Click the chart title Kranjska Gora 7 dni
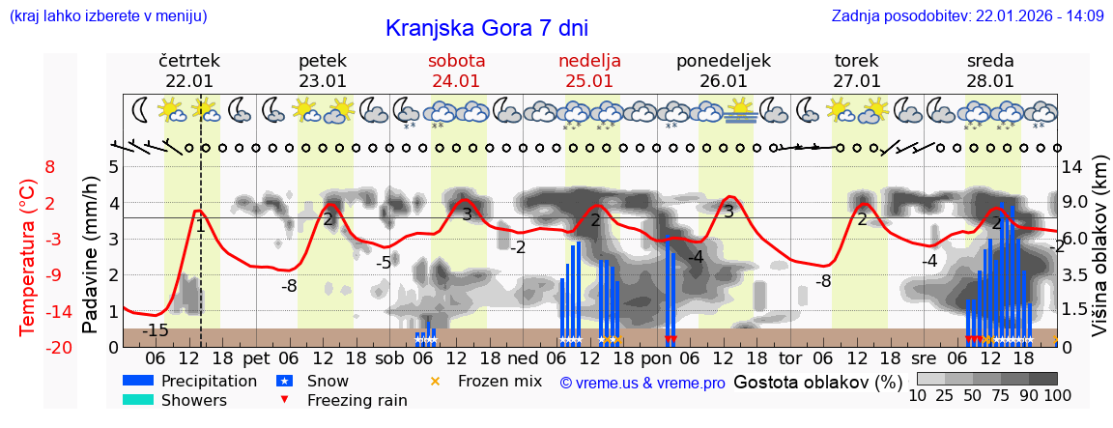click(x=486, y=28)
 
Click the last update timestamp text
click(x=967, y=15)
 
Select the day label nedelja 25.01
click(x=589, y=71)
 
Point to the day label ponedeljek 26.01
click(x=723, y=71)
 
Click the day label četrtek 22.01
click(x=189, y=71)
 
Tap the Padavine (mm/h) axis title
click(x=90, y=255)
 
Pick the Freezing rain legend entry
click(x=343, y=400)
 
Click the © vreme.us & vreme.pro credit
click(x=642, y=383)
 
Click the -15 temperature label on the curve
click(x=155, y=331)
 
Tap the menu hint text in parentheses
click(x=108, y=15)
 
